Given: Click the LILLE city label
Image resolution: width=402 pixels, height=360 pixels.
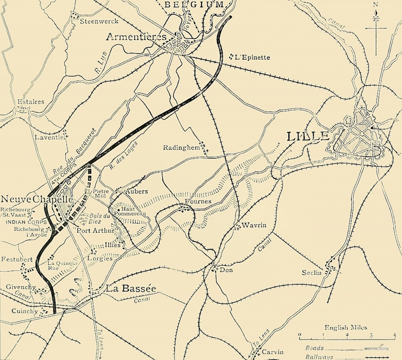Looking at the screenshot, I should pyautogui.click(x=308, y=137).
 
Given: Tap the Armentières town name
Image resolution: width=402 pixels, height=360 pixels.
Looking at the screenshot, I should pyautogui.click(x=136, y=37).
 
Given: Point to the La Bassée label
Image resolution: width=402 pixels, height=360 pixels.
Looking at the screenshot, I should pyautogui.click(x=131, y=288).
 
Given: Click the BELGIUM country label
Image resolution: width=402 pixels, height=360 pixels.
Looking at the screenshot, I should pyautogui.click(x=195, y=4).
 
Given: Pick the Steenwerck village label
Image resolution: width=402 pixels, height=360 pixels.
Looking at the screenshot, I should pyautogui.click(x=99, y=21).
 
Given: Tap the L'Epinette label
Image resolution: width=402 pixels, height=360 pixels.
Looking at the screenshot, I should pyautogui.click(x=253, y=57).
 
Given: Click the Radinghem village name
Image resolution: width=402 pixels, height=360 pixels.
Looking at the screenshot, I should pyautogui.click(x=182, y=148).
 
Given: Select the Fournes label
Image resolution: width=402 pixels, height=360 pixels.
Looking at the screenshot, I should pyautogui.click(x=198, y=201).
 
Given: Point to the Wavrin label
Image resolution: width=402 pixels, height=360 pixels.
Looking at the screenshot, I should pyautogui.click(x=255, y=226).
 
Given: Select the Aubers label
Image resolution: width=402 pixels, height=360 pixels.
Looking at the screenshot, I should pyautogui.click(x=137, y=192).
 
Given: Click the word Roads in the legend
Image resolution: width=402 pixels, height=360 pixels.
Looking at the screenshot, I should pyautogui.click(x=315, y=347).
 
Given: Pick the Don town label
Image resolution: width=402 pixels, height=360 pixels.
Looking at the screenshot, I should pyautogui.click(x=226, y=270).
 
